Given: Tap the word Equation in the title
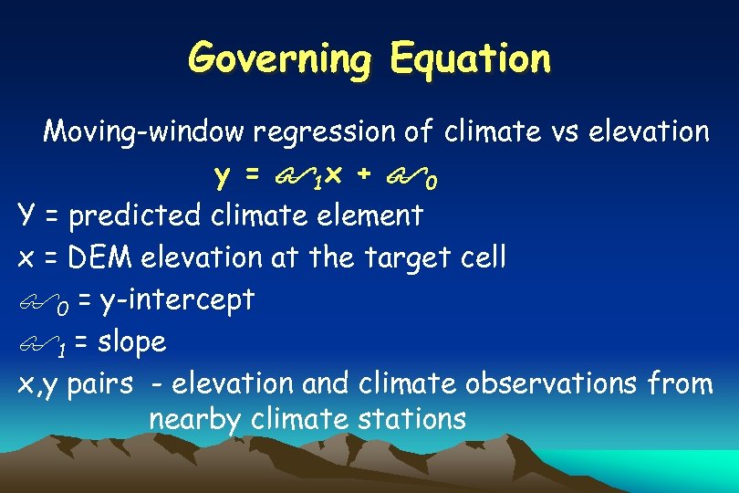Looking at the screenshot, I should [470, 58].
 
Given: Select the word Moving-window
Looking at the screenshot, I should [144, 132].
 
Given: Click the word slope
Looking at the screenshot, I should [132, 341].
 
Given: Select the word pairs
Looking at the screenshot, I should [101, 384].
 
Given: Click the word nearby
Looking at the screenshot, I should [193, 420].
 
